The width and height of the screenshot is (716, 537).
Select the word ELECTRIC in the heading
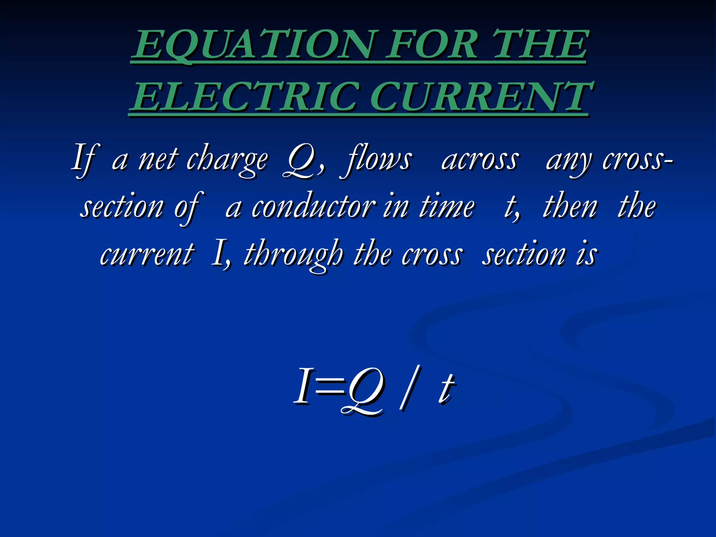click(245, 96)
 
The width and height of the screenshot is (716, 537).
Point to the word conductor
click(313, 207)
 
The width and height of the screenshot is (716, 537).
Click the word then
click(570, 207)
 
